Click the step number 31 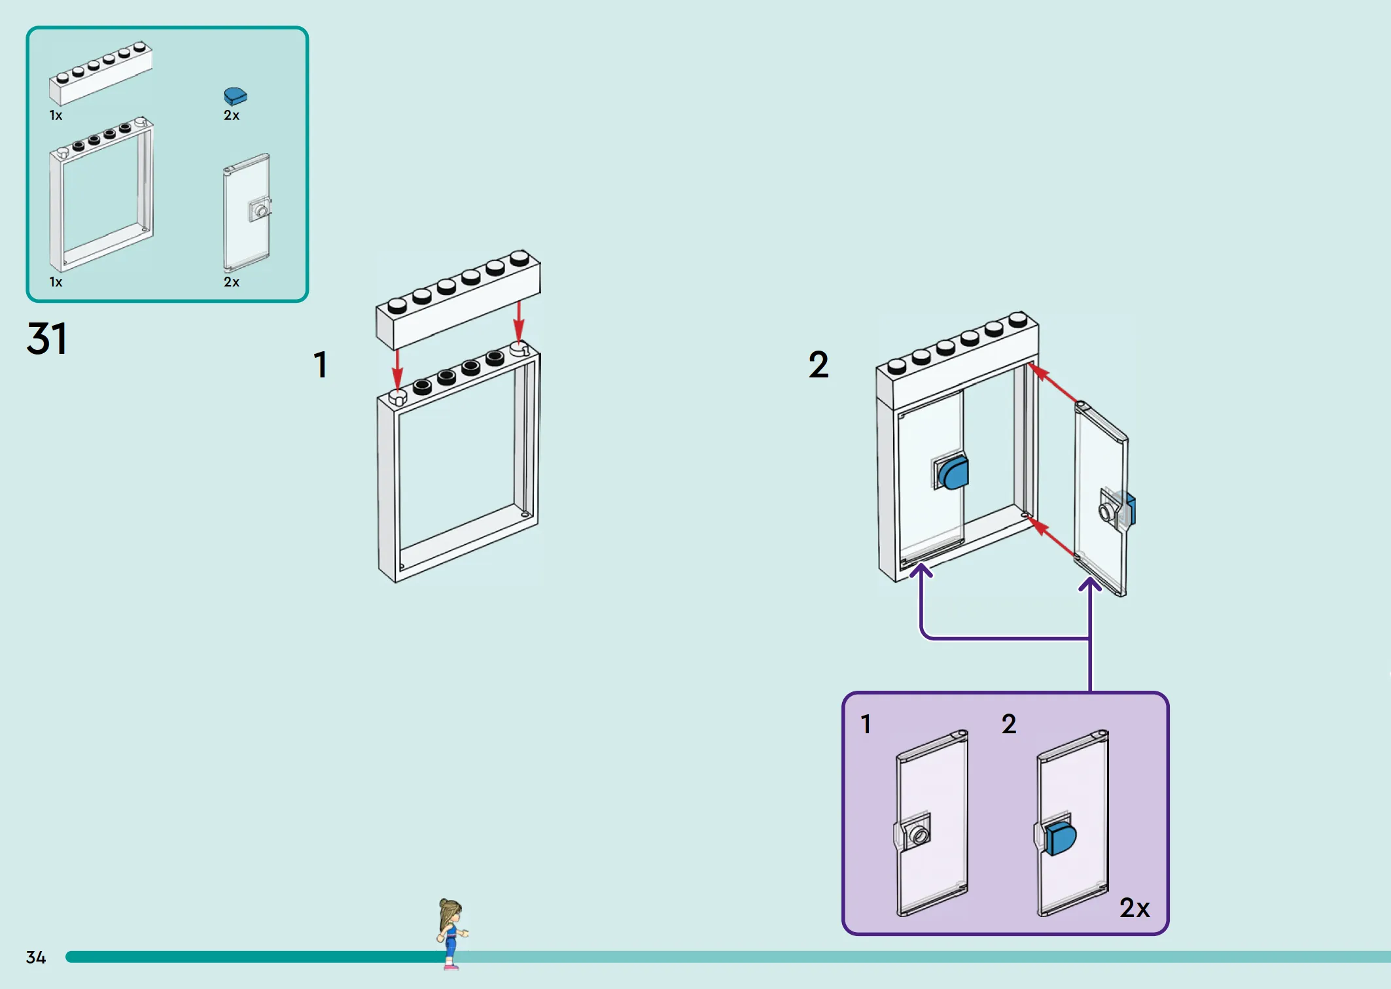coord(46,339)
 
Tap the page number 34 coord(36,958)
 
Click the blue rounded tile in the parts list coord(236,96)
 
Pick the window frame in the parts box coord(101,195)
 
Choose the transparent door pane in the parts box coord(247,213)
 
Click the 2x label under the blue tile coord(232,116)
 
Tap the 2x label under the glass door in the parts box coord(232,283)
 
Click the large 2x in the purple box coord(1135,908)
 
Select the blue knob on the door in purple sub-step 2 coord(1060,839)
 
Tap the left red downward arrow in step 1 coord(397,370)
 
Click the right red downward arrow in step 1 coord(519,322)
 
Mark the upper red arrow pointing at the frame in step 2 coord(1052,383)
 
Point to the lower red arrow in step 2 coord(1051,536)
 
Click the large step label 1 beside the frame coord(321,365)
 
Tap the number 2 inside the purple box coord(1009,724)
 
